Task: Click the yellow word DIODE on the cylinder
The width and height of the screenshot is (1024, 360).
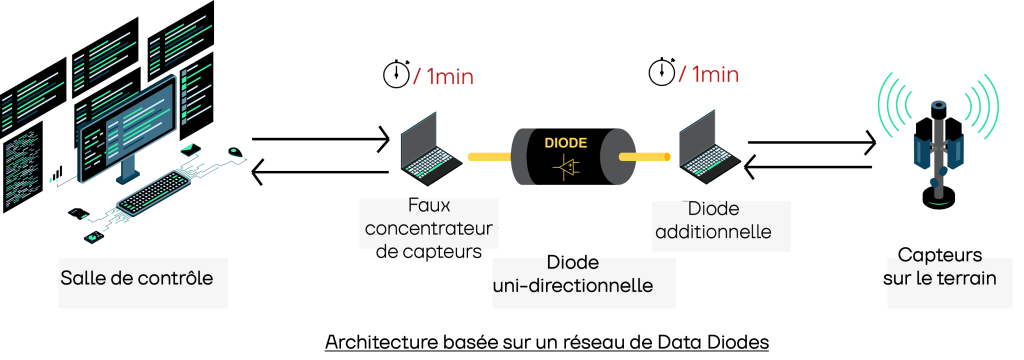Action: point(566,142)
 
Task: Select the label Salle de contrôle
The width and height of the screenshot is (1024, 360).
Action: point(137,277)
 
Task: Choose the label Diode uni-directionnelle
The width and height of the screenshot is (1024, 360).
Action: point(573,275)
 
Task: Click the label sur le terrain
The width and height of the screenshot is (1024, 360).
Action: point(941,278)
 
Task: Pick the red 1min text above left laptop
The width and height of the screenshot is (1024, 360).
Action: point(447,76)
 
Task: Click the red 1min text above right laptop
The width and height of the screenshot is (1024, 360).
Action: point(715,74)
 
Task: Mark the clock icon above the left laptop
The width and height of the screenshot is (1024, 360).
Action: point(395,75)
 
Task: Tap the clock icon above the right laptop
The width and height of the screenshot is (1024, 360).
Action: point(661,73)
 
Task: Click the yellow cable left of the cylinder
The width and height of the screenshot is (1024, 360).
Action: point(485,157)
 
